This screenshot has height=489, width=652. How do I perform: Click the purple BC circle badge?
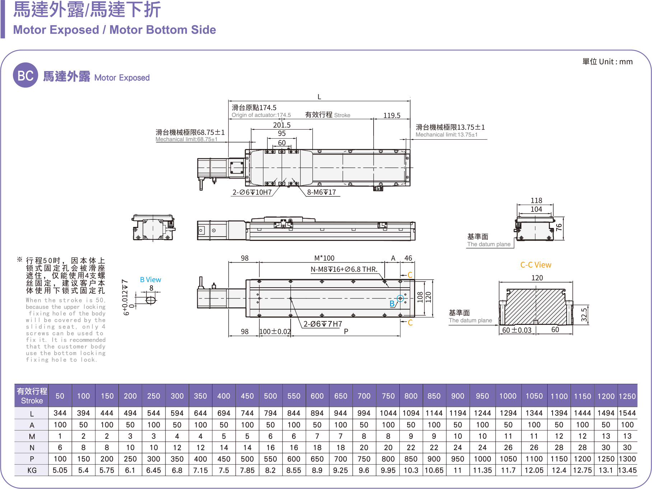pyautogui.click(x=25, y=75)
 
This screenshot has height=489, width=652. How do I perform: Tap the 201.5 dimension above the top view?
pyautogui.click(x=282, y=125)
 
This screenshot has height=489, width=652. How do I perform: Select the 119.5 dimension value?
pyautogui.click(x=391, y=115)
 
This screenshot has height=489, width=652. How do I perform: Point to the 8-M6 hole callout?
pyautogui.click(x=321, y=192)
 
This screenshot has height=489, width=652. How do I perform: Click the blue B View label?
pyautogui.click(x=150, y=280)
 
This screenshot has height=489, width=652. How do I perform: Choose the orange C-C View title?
pyautogui.click(x=535, y=265)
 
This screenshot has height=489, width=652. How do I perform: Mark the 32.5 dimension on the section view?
pyautogui.click(x=584, y=315)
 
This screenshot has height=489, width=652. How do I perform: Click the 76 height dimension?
pyautogui.click(x=559, y=227)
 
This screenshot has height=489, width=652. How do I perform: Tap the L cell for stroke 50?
pyautogui.click(x=60, y=413)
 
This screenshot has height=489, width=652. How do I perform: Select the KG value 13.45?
pyautogui.click(x=627, y=470)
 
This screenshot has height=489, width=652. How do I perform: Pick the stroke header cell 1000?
pyautogui.click(x=508, y=396)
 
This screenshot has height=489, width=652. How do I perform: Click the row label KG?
pyautogui.click(x=32, y=470)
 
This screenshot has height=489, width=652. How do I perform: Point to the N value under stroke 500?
pyautogui.click(x=270, y=448)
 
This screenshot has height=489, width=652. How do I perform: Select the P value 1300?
pyautogui.click(x=627, y=459)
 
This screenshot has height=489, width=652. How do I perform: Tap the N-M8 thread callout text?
pyautogui.click(x=344, y=269)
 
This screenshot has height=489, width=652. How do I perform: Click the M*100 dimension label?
pyautogui.click(x=324, y=258)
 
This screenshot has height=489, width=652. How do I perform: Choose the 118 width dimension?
pyautogui.click(x=536, y=200)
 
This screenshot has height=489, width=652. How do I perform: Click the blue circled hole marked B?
pyautogui.click(x=400, y=298)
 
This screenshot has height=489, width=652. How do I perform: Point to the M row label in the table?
pyautogui.click(x=32, y=436)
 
